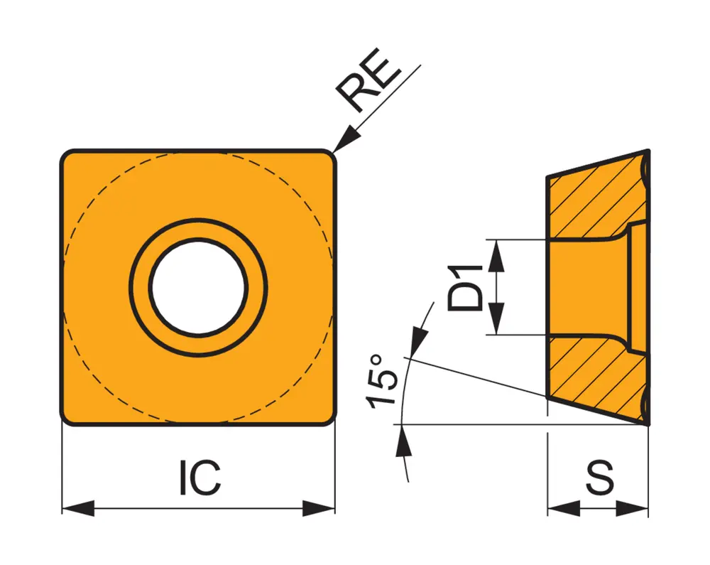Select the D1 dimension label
[466, 286]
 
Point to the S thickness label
[599, 478]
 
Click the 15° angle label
[383, 381]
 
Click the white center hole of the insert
[199, 287]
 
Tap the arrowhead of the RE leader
[344, 141]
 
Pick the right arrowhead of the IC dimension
[319, 509]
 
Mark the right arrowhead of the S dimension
[633, 509]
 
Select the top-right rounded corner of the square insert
[328, 157]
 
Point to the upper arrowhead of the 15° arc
[418, 336]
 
